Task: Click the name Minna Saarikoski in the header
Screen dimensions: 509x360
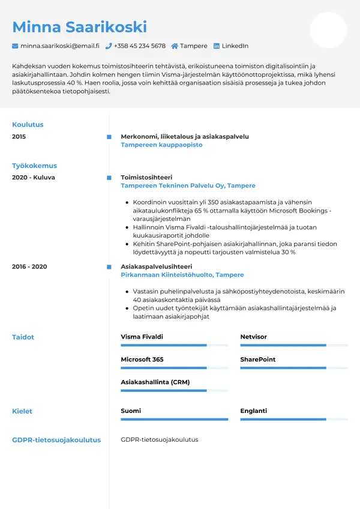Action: click(79, 27)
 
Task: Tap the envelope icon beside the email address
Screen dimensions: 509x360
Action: click(15, 46)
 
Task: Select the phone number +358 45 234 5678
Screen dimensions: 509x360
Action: click(140, 46)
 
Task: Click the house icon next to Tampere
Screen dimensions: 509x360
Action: click(175, 46)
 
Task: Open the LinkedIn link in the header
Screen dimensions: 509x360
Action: click(235, 46)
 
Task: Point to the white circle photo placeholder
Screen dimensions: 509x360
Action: click(328, 30)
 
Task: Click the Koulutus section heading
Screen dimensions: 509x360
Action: click(28, 125)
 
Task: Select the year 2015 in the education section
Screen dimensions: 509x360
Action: click(19, 137)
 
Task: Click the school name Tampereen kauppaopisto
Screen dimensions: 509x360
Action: click(161, 145)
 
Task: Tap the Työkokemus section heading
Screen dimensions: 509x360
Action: click(34, 166)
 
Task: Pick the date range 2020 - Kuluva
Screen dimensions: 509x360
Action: click(33, 178)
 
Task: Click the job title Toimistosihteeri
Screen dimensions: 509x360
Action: click(146, 178)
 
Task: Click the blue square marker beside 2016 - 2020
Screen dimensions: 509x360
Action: click(109, 267)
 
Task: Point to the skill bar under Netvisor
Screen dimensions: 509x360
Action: click(294, 346)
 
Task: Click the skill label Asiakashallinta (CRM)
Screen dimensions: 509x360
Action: click(155, 382)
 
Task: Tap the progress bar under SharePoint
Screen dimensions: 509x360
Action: click(294, 368)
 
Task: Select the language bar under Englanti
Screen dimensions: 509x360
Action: click(294, 420)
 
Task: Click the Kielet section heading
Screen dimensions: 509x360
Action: click(22, 412)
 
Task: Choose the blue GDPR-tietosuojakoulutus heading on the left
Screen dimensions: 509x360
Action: click(56, 440)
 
